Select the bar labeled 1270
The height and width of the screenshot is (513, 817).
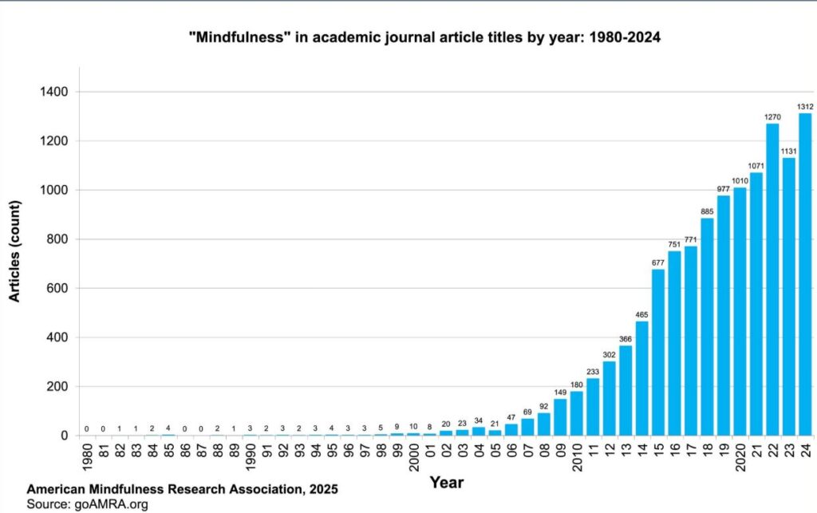[x=772, y=279]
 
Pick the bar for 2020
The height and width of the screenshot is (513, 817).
[x=740, y=311]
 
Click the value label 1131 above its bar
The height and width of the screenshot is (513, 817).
[x=788, y=151]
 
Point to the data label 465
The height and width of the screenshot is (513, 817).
[x=641, y=314]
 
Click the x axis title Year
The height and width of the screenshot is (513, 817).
[x=446, y=482]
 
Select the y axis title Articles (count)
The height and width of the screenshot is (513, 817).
[x=14, y=251]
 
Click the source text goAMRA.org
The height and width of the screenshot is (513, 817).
[x=112, y=504]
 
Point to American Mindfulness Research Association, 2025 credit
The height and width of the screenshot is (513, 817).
[x=182, y=489]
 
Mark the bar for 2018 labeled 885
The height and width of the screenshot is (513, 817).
[x=707, y=327]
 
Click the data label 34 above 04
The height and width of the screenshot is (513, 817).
[x=478, y=420]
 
